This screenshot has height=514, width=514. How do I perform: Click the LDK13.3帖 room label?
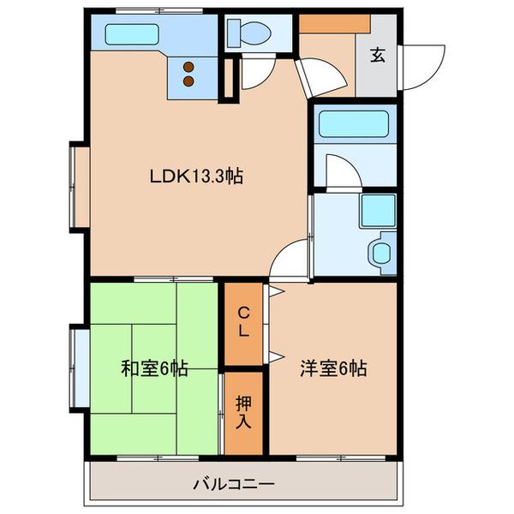(x=196, y=177)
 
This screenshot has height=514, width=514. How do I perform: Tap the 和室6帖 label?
(x=154, y=370)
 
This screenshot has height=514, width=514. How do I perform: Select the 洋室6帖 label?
(x=333, y=370)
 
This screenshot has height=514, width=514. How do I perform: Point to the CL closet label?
(x=243, y=321)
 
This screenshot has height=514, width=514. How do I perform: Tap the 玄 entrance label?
(x=376, y=57)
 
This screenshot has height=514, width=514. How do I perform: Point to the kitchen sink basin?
(x=134, y=37)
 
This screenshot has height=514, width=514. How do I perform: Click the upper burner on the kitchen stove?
(x=188, y=69)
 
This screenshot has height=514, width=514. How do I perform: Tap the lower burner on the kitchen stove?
(x=188, y=82)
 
